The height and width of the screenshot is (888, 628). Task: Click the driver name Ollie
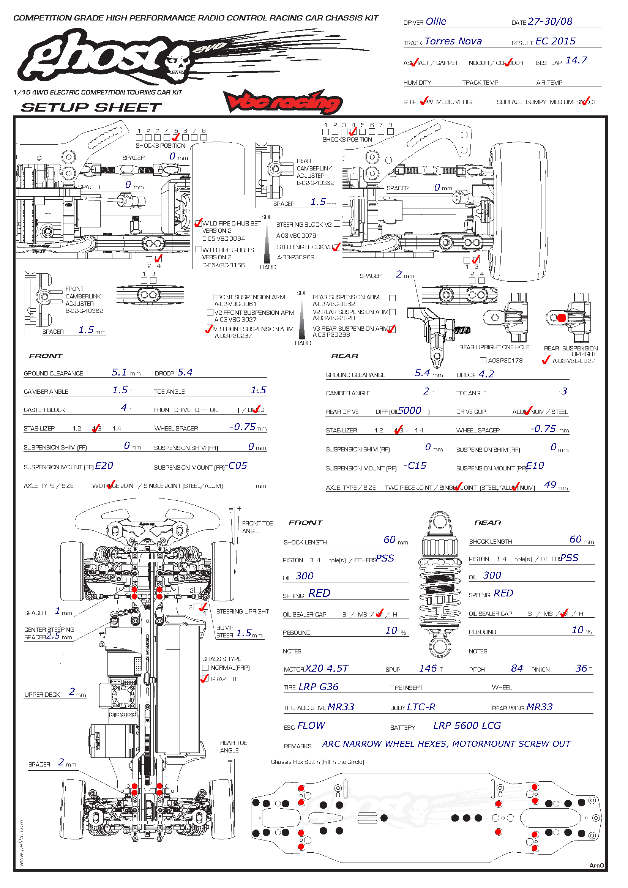click(x=436, y=22)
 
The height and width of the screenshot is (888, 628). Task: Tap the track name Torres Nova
click(x=453, y=41)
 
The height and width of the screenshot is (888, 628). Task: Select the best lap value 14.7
click(x=576, y=60)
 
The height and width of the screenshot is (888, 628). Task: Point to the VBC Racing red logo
click(x=283, y=101)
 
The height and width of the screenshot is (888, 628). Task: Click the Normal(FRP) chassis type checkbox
click(x=205, y=667)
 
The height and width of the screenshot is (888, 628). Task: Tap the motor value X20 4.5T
click(x=327, y=668)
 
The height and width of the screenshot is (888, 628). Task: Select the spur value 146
click(x=428, y=668)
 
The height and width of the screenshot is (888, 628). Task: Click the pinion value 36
click(x=581, y=668)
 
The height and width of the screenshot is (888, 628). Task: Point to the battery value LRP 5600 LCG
click(x=467, y=726)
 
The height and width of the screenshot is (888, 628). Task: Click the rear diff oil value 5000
click(x=410, y=411)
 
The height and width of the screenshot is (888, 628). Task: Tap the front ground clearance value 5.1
click(x=119, y=372)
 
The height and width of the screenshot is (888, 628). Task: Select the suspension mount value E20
click(x=104, y=466)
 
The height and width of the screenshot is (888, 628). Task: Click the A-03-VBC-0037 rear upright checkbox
click(x=546, y=360)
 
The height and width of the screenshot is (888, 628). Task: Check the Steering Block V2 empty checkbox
click(x=337, y=224)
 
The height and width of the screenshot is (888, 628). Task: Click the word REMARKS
click(x=297, y=746)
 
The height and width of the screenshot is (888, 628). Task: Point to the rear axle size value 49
click(x=550, y=485)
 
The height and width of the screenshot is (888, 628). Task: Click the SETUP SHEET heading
click(x=91, y=107)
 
